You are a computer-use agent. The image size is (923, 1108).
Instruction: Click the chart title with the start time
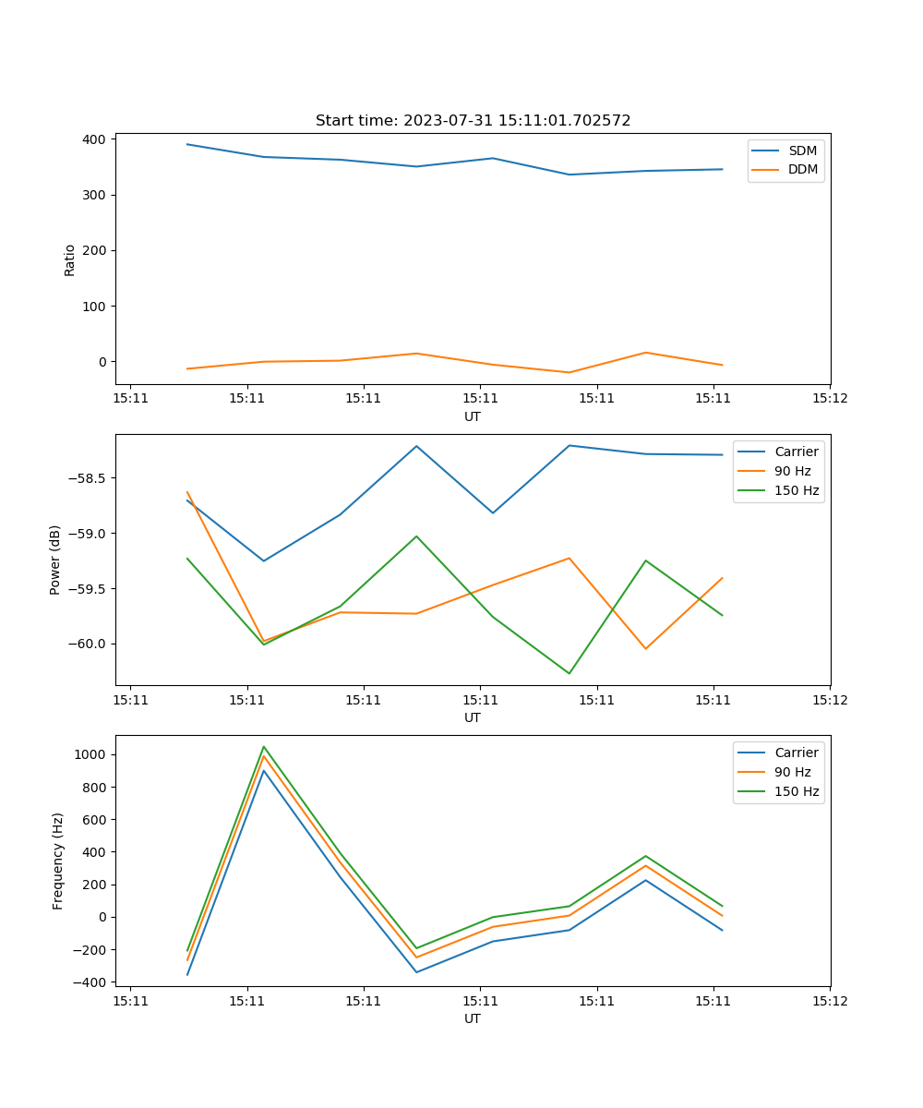[x=473, y=121]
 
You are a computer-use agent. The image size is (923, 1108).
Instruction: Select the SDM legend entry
[x=802, y=151]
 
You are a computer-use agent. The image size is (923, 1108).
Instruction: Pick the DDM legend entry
[x=802, y=170]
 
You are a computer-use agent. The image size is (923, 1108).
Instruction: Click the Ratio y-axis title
[x=70, y=259]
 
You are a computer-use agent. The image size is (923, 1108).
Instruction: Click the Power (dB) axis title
[x=55, y=560]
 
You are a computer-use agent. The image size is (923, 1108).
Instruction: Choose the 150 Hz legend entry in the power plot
[x=796, y=490]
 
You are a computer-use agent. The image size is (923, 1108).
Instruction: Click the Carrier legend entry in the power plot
[x=796, y=452]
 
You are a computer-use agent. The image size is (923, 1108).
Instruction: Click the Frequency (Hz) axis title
[x=58, y=861]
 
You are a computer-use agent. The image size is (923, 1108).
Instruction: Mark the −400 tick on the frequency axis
[x=90, y=982]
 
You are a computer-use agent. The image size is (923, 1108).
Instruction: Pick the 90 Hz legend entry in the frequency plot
[x=792, y=772]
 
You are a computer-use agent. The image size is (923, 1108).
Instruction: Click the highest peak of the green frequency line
[x=264, y=746]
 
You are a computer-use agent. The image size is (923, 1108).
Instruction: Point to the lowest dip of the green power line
[x=569, y=673]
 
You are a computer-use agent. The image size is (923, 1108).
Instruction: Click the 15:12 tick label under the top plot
[x=829, y=399]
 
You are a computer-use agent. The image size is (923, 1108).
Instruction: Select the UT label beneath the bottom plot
[x=473, y=1018]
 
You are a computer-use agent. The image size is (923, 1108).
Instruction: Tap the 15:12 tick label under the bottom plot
[x=829, y=1001]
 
